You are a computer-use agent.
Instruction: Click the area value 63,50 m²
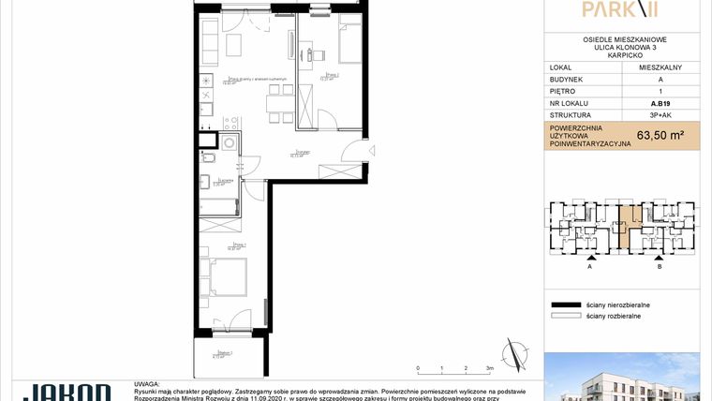[660, 135]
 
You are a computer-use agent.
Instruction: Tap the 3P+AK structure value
[660, 116]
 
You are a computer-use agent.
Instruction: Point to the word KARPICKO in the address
[624, 54]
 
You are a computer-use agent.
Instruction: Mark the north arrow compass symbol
[513, 356]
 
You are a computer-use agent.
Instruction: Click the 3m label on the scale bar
[489, 369]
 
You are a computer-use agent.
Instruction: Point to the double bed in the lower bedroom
[228, 276]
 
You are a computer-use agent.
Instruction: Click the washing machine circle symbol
[228, 141]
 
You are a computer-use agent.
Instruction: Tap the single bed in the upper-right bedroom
[345, 43]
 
